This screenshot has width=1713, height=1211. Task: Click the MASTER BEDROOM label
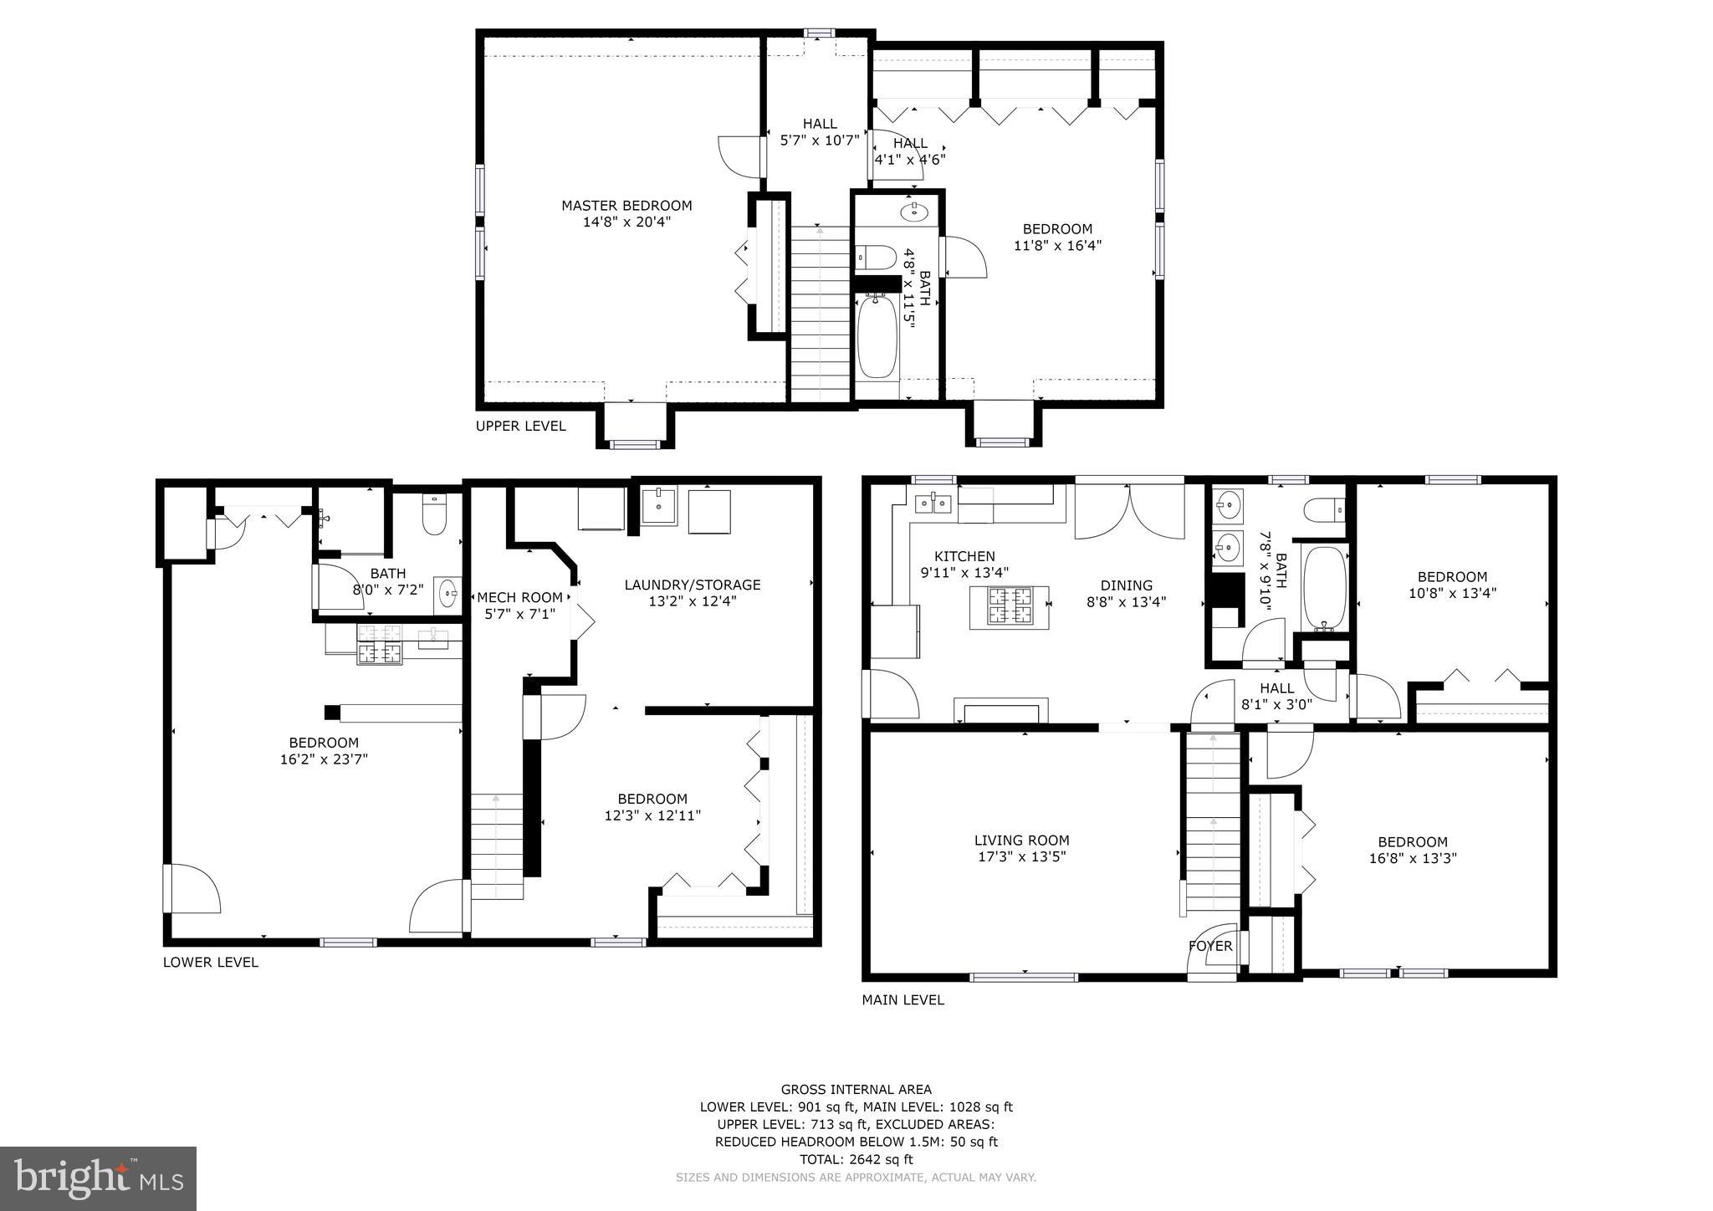(626, 206)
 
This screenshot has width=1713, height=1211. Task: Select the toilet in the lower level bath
(434, 515)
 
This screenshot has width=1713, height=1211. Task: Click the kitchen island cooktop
(1010, 606)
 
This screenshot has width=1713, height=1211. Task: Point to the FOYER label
(1210, 946)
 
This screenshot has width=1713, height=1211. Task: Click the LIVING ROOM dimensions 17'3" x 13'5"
(1021, 857)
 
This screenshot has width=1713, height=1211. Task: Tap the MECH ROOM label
(519, 598)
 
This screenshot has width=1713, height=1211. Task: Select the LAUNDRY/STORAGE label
(693, 585)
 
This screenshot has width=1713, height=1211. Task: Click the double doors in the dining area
(1129, 512)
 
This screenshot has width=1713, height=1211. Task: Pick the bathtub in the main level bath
(1324, 588)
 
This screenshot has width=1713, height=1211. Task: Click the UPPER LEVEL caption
(520, 427)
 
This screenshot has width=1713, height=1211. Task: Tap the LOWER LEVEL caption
(210, 963)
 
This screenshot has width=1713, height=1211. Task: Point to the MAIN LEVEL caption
(903, 1000)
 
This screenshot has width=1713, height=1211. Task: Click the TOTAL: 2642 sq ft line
(856, 1159)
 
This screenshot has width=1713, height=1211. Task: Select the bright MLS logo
(99, 1178)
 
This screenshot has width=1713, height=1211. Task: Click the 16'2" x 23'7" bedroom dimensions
(324, 760)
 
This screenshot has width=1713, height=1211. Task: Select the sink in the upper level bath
(915, 212)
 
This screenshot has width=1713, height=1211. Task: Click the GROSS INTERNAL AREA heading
(856, 1090)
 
